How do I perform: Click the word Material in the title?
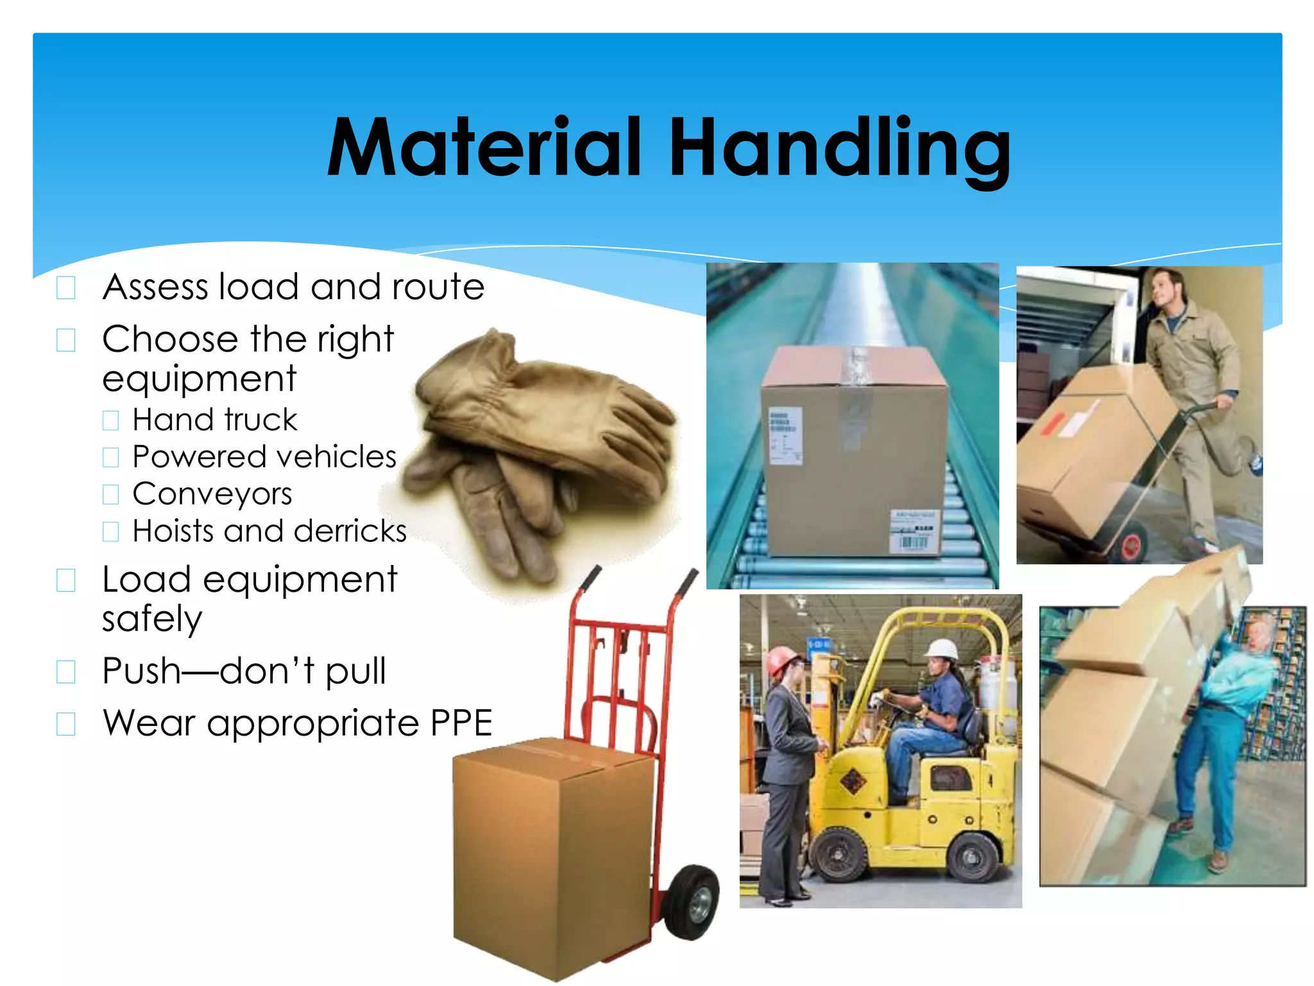484,148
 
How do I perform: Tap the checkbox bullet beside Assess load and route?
66,288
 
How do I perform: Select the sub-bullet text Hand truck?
214,420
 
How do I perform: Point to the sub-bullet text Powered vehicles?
264,457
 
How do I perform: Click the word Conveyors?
212,494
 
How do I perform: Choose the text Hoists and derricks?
269,532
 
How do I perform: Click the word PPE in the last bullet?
461,723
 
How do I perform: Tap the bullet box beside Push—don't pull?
66,672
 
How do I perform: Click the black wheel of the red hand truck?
691,902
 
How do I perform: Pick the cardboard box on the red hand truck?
552,854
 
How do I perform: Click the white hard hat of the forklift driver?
942,649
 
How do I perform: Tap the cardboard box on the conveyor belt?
853,449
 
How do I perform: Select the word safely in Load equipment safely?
152,619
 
